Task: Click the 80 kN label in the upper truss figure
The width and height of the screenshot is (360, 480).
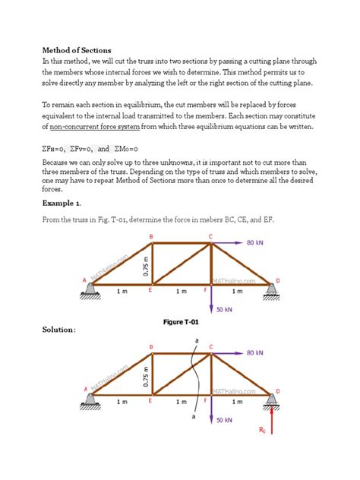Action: tap(255, 244)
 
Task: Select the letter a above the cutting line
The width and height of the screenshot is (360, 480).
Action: tap(197, 342)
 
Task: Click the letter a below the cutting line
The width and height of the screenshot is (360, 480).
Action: tap(193, 416)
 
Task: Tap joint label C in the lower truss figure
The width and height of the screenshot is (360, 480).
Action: tap(210, 347)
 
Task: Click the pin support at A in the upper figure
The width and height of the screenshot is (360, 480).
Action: tap(92, 288)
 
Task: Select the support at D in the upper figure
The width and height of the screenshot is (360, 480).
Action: tap(270, 289)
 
